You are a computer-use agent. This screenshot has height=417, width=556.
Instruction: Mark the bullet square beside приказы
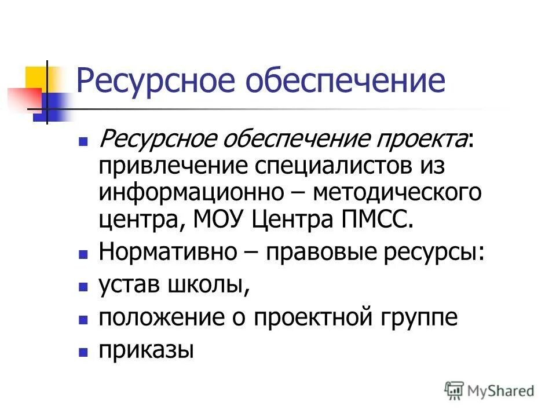83,352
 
